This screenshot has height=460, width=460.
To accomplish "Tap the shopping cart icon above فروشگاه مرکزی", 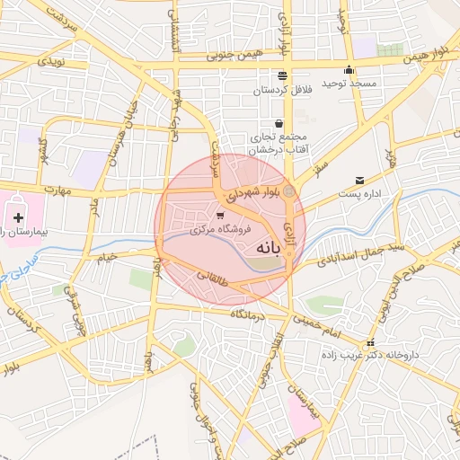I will [221, 216].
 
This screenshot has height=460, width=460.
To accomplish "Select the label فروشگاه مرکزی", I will [220, 230].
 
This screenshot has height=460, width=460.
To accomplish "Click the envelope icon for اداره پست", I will [360, 181].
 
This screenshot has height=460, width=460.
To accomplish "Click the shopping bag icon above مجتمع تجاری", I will [279, 123].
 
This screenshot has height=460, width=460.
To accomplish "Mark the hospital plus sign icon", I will [18, 217].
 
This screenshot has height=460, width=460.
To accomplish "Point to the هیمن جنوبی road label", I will [218, 55].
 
